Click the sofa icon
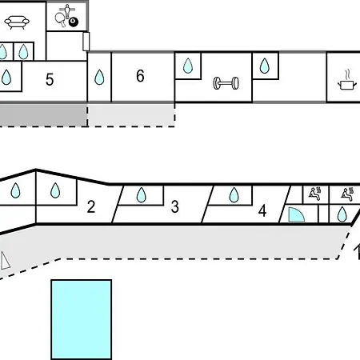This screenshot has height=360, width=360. (17, 22)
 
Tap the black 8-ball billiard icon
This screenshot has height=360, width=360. (74, 22)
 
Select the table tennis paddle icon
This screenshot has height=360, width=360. (60, 20)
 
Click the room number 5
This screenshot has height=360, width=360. (50, 79)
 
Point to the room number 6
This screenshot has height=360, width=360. (140, 76)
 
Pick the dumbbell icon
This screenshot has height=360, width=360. (226, 83)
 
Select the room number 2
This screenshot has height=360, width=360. (91, 206)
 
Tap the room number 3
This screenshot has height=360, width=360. (175, 206)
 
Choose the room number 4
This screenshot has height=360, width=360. (262, 211)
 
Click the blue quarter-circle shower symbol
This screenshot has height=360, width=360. (296, 214)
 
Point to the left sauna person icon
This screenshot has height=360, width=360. (315, 194)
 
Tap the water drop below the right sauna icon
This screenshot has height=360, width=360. (342, 214)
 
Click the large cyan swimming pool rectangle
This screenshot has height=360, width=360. (82, 319)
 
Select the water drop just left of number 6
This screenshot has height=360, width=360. (99, 77)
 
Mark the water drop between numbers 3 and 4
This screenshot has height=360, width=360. (234, 195)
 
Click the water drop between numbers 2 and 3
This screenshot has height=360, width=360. (141, 195)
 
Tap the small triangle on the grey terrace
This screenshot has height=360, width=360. (5, 261)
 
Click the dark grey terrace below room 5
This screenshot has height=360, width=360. (42, 114)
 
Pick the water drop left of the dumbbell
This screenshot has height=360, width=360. (188, 66)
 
